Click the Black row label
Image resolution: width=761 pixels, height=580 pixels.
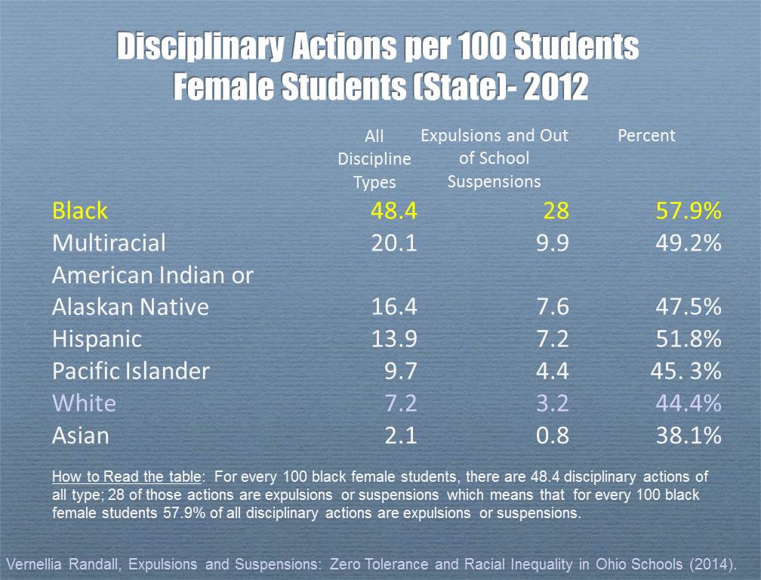tap(80, 211)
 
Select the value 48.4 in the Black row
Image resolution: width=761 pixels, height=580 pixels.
tap(393, 211)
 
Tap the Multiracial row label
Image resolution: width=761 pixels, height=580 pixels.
tap(109, 243)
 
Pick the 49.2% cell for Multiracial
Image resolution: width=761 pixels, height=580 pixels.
tap(687, 243)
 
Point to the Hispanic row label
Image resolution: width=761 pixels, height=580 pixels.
tap(97, 339)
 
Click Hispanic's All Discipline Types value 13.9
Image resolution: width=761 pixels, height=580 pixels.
tap(393, 339)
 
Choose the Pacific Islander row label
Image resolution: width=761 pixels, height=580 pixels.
tap(131, 371)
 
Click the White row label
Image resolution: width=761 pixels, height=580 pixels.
tap(84, 403)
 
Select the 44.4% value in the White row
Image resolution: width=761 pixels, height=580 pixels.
tap(687, 403)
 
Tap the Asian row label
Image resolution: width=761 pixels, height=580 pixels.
tap(80, 436)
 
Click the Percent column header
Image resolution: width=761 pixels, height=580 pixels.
tap(646, 136)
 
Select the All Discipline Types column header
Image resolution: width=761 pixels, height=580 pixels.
tap(374, 159)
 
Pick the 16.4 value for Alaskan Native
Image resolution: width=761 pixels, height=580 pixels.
tap(393, 307)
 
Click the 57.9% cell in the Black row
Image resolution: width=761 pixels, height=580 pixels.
tap(687, 211)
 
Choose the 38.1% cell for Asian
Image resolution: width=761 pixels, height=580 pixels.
tap(687, 436)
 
